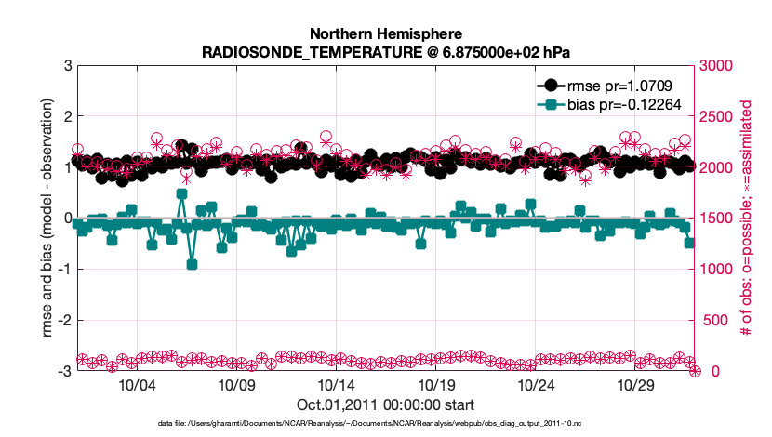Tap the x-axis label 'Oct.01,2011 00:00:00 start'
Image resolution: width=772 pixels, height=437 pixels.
pos(385,404)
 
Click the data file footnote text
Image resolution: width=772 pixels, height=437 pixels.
pos(385,423)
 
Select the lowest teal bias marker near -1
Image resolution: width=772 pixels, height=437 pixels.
pos(192,264)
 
